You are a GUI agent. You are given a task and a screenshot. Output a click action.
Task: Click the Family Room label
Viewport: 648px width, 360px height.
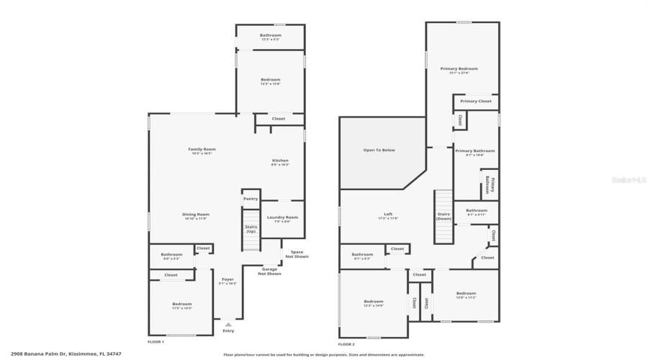point(202,149)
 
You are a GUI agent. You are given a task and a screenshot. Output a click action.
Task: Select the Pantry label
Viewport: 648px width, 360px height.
point(251,199)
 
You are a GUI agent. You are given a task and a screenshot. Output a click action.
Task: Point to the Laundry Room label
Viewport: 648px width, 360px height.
point(282,217)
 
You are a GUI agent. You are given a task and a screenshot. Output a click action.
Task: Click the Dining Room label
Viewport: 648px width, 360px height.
point(195,214)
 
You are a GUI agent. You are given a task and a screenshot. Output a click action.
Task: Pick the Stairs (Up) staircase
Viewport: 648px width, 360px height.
point(251,229)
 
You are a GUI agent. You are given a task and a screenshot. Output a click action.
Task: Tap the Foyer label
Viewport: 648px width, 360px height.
point(228,279)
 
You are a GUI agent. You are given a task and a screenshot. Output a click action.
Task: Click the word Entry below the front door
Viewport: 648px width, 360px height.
point(228,330)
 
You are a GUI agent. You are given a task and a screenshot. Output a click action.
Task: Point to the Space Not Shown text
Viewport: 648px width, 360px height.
point(297,253)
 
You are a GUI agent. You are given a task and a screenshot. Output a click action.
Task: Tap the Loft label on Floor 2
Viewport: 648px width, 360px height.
point(388,214)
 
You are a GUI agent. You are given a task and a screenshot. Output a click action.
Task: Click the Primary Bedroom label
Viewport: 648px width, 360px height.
point(459,69)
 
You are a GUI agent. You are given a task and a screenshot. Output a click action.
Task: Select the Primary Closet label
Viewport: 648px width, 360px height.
point(475,102)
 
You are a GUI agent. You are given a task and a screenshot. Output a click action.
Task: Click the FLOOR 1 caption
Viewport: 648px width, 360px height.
point(156,341)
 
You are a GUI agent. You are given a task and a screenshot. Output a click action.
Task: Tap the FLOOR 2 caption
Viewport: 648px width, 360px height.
point(347,345)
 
